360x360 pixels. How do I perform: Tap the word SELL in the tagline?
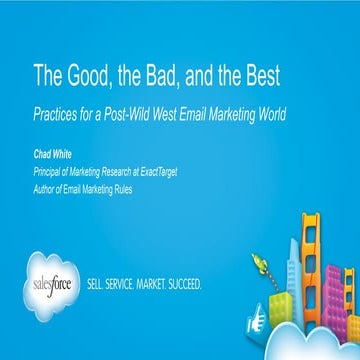(100, 283)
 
